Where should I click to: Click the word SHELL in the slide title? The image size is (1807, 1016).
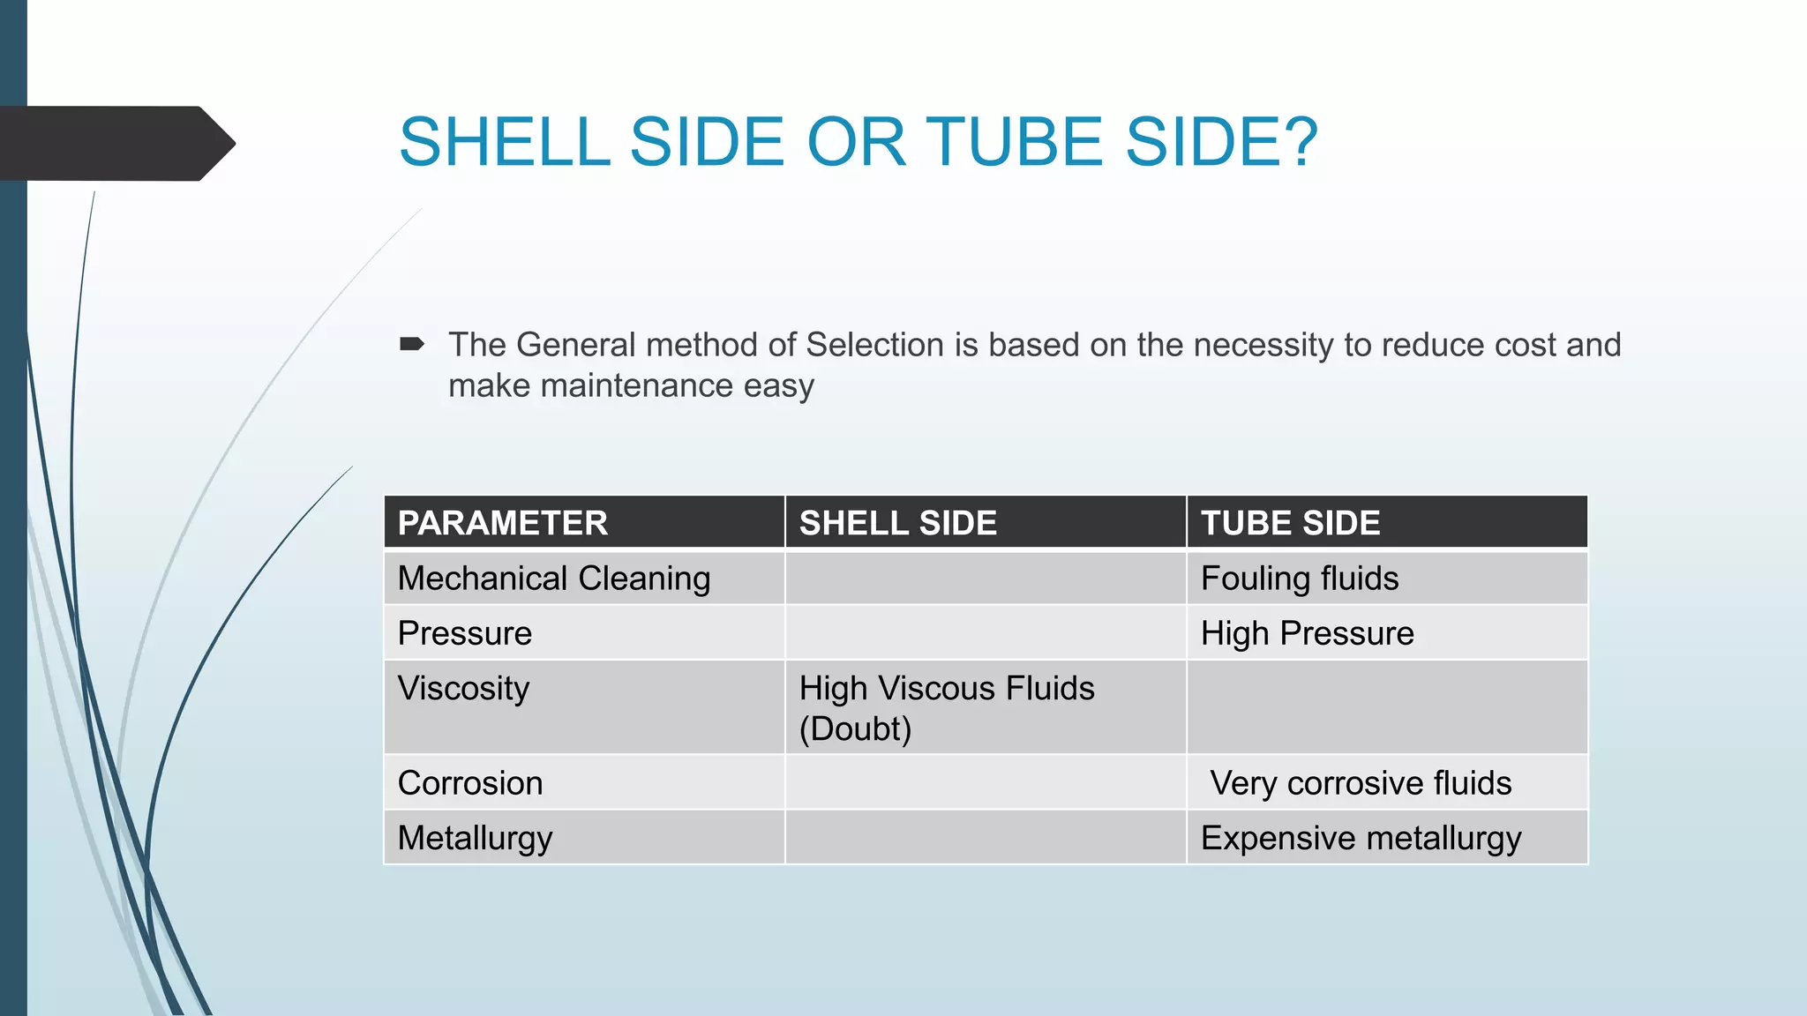504,142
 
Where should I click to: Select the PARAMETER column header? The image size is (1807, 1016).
502,523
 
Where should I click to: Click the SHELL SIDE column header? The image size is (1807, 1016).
897,523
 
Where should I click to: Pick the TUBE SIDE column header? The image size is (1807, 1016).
1290,523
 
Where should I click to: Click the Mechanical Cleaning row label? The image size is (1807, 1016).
553,579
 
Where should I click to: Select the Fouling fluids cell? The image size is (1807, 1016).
1299,579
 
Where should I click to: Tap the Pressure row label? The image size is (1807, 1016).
464,633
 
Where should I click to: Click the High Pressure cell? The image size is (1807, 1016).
1307,633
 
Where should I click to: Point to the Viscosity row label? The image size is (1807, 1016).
463,688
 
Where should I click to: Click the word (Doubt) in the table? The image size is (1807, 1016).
855,728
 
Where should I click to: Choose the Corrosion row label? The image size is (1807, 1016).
469,783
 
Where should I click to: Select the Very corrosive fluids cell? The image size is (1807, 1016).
1360,783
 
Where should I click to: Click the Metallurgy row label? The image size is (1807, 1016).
475,838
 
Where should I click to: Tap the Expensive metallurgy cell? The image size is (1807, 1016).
1361,838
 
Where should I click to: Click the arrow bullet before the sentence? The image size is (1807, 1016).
412,344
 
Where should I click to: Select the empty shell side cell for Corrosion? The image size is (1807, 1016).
985,783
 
